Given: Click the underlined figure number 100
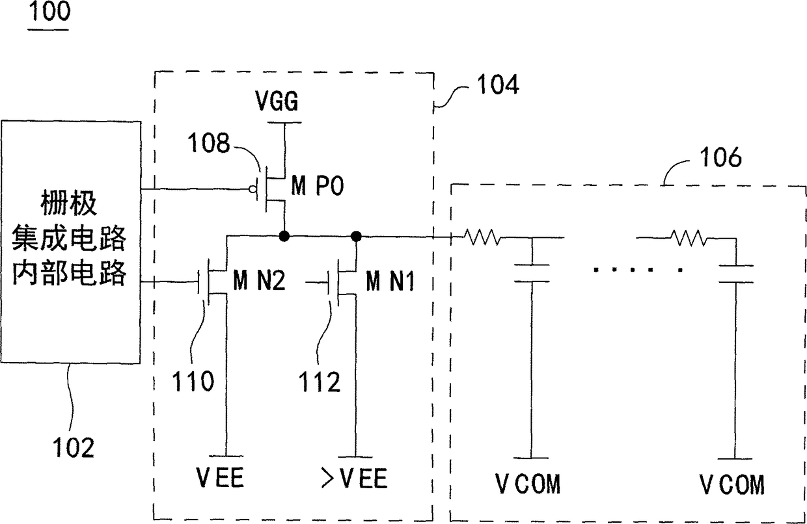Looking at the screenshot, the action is click(x=49, y=12).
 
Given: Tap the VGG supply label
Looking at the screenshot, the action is click(x=277, y=101).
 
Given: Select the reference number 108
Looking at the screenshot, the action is click(x=209, y=143).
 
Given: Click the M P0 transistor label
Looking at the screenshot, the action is click(x=318, y=186).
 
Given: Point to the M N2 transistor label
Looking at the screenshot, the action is click(x=259, y=280).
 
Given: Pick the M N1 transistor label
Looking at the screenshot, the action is click(x=390, y=281).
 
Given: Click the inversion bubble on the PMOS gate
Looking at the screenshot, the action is click(x=253, y=189).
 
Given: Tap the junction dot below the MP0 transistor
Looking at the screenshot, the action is click(x=284, y=236).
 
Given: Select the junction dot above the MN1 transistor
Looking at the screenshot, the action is click(x=356, y=236).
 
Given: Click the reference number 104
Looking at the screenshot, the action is click(x=499, y=85).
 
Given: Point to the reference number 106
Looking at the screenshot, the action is click(x=720, y=157).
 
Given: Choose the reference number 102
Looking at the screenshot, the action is click(x=74, y=447).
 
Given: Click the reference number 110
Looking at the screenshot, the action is click(x=193, y=381).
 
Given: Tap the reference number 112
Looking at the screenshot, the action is click(x=320, y=382).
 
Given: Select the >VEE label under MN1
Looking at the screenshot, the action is click(x=354, y=478).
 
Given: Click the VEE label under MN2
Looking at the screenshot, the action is click(x=220, y=477).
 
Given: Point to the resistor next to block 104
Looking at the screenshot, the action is click(x=482, y=237).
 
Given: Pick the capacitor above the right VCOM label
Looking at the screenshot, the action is click(x=736, y=274).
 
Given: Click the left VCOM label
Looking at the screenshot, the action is click(x=528, y=484).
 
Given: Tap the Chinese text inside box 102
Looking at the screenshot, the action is click(x=69, y=238).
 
